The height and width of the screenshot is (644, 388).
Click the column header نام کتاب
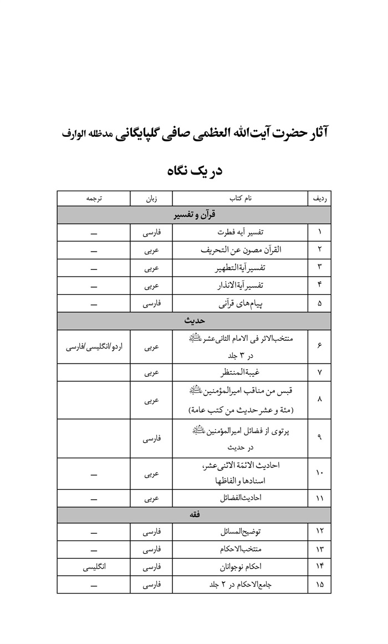click(240, 198)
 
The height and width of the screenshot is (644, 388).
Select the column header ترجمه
click(93, 198)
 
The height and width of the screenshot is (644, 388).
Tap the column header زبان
click(151, 198)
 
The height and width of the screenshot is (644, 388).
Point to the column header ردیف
click(319, 198)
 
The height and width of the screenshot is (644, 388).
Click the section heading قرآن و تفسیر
click(194, 214)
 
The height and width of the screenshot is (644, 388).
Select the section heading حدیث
click(194, 320)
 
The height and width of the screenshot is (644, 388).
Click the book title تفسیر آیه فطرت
click(240, 232)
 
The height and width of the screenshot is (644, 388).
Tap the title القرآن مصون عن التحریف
click(240, 250)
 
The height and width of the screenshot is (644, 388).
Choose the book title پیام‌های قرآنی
click(240, 303)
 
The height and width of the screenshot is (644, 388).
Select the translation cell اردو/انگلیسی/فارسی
click(93, 347)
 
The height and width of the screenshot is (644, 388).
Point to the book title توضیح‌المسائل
click(240, 532)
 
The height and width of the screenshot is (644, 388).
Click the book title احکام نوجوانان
click(240, 567)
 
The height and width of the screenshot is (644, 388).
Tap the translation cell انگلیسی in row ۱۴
click(93, 567)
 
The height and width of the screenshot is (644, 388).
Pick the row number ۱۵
click(319, 585)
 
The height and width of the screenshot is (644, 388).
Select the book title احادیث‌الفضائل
click(240, 498)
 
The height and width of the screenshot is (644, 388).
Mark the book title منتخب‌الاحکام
click(240, 550)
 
